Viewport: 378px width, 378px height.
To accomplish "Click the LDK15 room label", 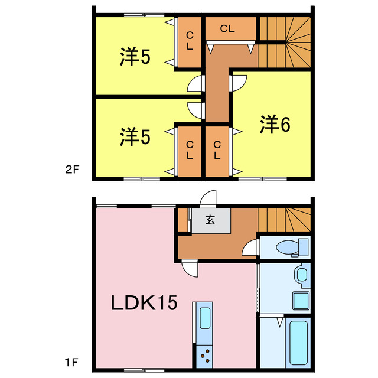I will click(145, 303).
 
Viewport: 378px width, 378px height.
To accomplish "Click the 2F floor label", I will click(71, 170).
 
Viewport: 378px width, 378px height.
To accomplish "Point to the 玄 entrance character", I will click(210, 220).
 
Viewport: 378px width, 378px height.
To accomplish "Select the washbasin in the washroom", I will click(301, 274).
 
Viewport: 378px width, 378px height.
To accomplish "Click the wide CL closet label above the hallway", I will click(228, 28).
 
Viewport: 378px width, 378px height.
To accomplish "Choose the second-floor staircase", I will click(284, 41).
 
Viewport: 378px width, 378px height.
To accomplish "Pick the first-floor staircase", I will click(283, 219).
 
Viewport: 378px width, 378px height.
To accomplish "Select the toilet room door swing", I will click(251, 248).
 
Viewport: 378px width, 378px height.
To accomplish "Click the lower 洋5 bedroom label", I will click(135, 137).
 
